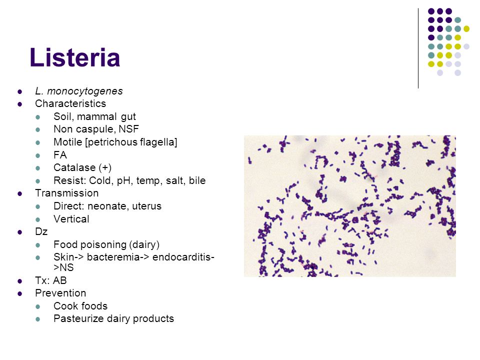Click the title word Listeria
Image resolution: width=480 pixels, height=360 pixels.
tap(75, 57)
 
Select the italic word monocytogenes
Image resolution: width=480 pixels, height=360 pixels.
tap(85, 91)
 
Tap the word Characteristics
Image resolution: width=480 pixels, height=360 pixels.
tap(70, 103)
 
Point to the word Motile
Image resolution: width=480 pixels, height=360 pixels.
tap(67, 142)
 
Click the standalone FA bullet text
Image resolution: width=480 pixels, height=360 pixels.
tap(60, 155)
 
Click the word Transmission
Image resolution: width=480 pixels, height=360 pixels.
tap(66, 193)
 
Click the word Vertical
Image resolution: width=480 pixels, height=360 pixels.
tap(71, 219)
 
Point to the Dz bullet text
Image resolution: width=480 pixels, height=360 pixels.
tap(41, 231)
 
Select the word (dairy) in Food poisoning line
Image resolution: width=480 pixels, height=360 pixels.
tap(144, 244)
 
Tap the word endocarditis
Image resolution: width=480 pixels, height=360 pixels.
tap(182, 257)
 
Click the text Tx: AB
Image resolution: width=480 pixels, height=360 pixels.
tap(51, 280)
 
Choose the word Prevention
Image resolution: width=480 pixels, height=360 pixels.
tap(60, 293)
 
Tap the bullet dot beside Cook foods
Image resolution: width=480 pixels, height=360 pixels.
tap(37, 306)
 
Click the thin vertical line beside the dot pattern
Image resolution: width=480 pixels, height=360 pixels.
tap(418, 48)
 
